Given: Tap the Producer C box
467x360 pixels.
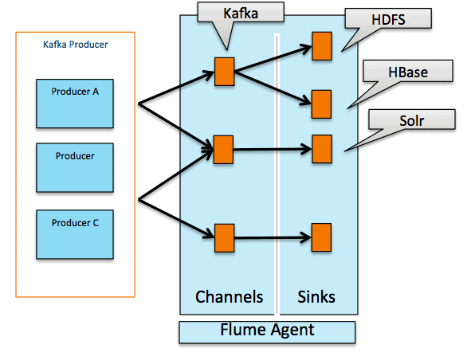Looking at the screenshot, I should coord(75,233).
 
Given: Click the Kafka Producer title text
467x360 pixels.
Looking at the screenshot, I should coord(75,45).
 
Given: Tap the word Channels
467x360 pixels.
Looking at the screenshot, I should coord(230,297).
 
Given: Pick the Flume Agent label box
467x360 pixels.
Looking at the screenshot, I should coord(266,330).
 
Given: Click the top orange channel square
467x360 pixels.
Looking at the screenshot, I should coord(224,71).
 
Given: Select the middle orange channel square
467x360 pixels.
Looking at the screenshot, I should coord(224,149).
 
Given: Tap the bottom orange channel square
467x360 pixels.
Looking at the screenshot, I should coord(224,237).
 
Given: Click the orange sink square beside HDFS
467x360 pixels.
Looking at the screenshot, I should coord(321,46).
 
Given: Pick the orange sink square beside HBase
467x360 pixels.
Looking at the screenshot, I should coord(321,104).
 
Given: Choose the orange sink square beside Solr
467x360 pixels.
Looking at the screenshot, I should coord(321,148).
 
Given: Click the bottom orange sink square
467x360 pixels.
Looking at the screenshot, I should coord(321,237).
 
